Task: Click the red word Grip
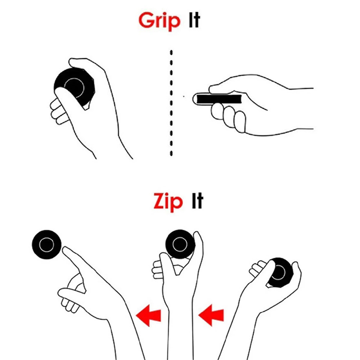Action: click(x=159, y=21)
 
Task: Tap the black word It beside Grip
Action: click(x=194, y=20)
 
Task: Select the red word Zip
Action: click(x=168, y=202)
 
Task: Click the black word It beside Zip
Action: click(x=198, y=200)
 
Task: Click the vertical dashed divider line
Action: click(x=171, y=103)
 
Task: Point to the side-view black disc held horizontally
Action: click(x=219, y=99)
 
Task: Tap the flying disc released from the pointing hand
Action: click(x=47, y=244)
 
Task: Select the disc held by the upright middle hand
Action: click(x=180, y=244)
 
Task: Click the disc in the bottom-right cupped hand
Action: click(x=280, y=272)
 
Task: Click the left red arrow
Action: click(x=148, y=315)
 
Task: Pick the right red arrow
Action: click(x=211, y=315)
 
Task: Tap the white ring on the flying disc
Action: click(x=47, y=238)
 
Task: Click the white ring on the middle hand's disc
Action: click(x=180, y=237)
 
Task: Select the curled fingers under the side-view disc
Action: click(x=229, y=117)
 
